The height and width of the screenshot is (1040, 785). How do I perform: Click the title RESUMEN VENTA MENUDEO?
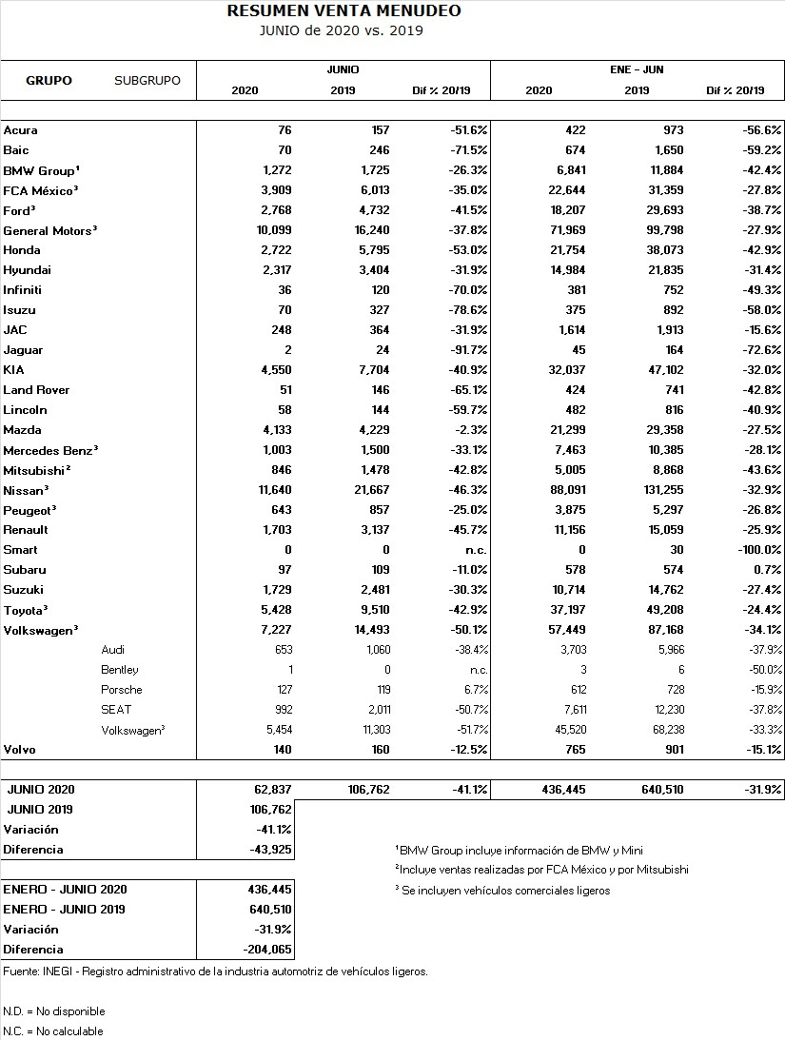pyautogui.click(x=343, y=11)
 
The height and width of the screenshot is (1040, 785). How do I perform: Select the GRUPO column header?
pyautogui.click(x=49, y=80)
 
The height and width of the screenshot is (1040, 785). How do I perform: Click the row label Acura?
pyautogui.click(x=20, y=130)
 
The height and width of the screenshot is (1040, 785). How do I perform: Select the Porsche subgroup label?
pyautogui.click(x=121, y=689)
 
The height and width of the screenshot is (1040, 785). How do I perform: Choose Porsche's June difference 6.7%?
pyautogui.click(x=472, y=689)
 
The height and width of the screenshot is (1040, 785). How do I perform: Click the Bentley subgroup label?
pyautogui.click(x=120, y=669)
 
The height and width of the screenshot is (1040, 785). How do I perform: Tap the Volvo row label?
pyautogui.click(x=19, y=750)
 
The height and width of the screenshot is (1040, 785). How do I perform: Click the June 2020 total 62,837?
pyautogui.click(x=272, y=790)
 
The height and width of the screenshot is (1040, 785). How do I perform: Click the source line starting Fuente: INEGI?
pyautogui.click(x=215, y=971)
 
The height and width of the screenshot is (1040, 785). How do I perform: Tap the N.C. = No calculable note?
pyautogui.click(x=53, y=1031)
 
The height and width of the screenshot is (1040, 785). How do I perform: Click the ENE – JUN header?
pyautogui.click(x=637, y=69)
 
